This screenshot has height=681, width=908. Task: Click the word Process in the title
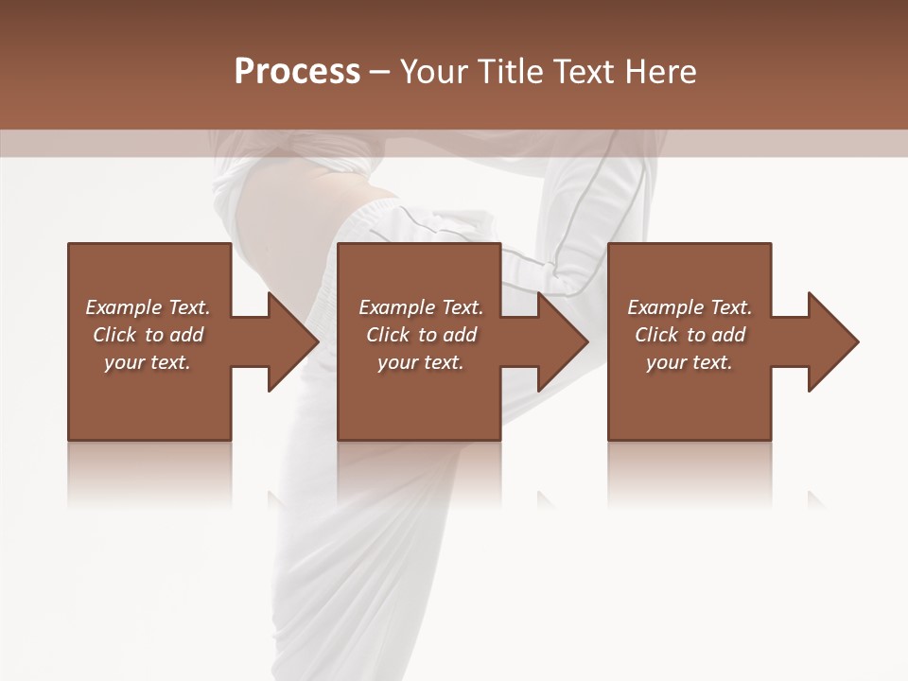click(x=297, y=72)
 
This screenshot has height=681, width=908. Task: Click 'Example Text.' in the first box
click(x=148, y=307)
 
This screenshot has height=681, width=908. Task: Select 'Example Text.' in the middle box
click(x=421, y=307)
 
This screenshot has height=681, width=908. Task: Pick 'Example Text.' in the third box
click(x=690, y=307)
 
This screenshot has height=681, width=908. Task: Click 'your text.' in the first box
click(x=148, y=362)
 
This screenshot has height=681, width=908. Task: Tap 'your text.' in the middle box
click(x=420, y=362)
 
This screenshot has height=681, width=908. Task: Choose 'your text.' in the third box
click(x=689, y=362)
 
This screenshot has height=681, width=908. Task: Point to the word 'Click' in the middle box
click(x=388, y=335)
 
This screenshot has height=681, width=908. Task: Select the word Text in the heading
click(x=580, y=72)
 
